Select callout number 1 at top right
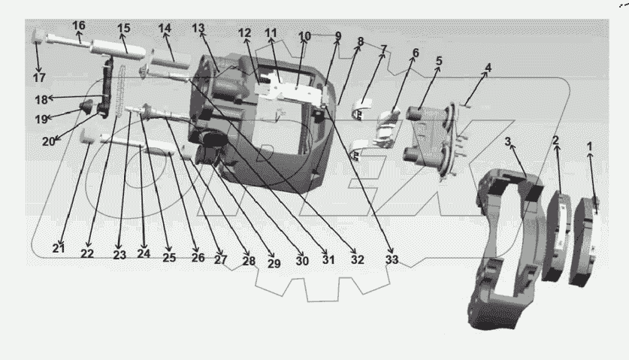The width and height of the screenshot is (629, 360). (589, 147)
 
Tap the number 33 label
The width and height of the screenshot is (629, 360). (391, 260)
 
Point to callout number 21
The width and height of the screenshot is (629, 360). (59, 249)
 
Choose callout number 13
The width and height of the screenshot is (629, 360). (198, 28)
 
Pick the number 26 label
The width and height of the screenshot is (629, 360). (198, 257)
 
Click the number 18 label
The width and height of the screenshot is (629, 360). (41, 99)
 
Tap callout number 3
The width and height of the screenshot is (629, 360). (509, 141)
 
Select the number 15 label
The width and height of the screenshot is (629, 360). (123, 28)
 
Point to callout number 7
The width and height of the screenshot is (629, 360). (383, 49)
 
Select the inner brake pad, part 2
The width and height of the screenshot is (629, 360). (557, 233)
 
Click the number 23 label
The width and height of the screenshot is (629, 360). (120, 254)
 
